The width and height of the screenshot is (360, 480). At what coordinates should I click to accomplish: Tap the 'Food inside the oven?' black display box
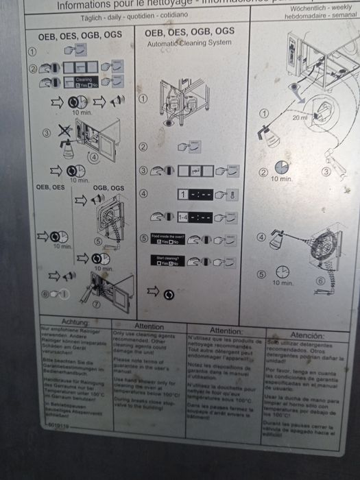click(158, 239)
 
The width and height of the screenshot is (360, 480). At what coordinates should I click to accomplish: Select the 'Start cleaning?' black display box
click(158, 261)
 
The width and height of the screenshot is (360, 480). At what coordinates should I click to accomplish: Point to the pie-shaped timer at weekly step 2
click(281, 167)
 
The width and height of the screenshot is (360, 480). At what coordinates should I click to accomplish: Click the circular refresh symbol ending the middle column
click(169, 294)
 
